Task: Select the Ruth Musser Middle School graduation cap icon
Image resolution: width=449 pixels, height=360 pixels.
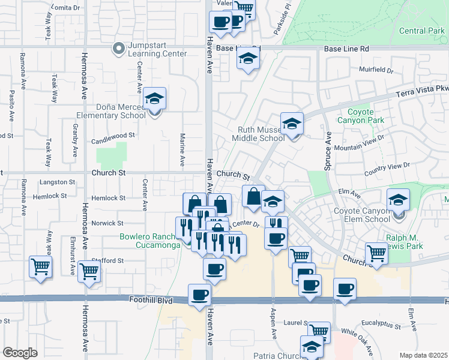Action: (x=292, y=124)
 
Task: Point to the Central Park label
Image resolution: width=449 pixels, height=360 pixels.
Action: (x=421, y=31)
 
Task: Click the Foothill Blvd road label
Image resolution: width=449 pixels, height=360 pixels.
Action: (x=150, y=299)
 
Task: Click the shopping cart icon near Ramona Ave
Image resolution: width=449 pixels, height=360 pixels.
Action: (x=40, y=266)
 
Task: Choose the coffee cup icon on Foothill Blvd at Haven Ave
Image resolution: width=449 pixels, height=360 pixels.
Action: (x=200, y=295)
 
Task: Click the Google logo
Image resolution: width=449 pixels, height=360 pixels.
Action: (x=20, y=353)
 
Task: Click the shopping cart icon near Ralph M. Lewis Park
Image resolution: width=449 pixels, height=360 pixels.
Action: (x=376, y=253)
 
